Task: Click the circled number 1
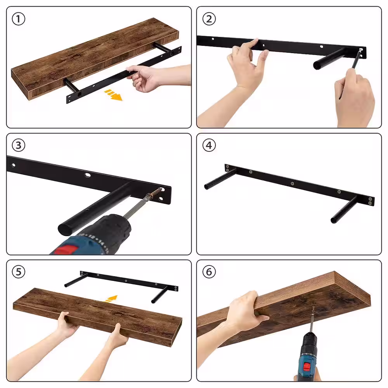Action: tap(19, 19)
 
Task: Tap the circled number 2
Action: tap(209, 19)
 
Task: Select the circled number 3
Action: tap(19, 145)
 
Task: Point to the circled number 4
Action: tap(209, 145)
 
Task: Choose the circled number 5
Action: tap(19, 272)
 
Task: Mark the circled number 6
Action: tap(209, 272)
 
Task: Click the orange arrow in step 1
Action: tap(113, 95)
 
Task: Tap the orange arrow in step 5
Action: tap(111, 299)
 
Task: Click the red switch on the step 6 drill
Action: tap(307, 367)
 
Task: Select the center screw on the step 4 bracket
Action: tap(292, 184)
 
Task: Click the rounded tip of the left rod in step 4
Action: tap(206, 187)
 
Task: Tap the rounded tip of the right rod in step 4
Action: tap(333, 220)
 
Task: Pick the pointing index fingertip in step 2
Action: tap(256, 40)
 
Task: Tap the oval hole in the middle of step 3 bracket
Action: tap(87, 175)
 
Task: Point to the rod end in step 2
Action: tap(317, 65)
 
